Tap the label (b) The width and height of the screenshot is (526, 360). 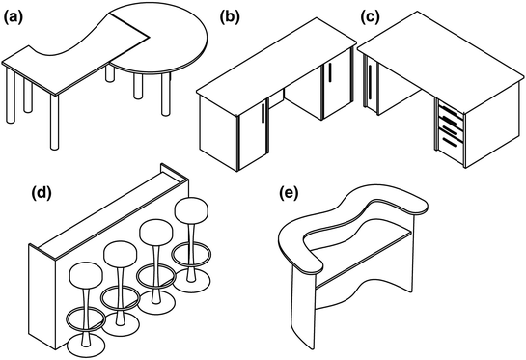coord(231,16)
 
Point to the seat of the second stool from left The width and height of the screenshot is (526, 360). coord(121,255)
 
